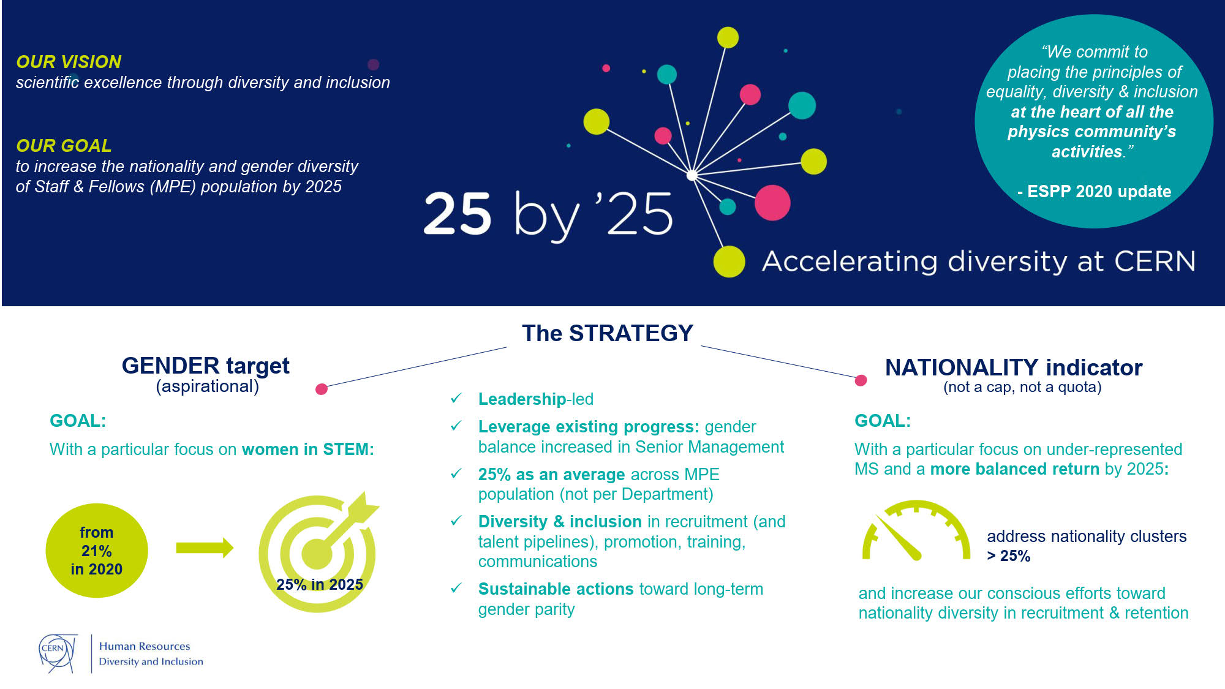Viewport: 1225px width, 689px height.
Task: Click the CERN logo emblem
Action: click(x=58, y=653)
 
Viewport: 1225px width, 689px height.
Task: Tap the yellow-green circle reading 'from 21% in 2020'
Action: click(x=97, y=550)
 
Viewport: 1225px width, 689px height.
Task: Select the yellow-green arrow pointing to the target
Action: click(x=205, y=548)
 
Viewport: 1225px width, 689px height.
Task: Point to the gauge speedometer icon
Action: click(x=916, y=530)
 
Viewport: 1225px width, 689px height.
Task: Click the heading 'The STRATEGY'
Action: click(x=608, y=333)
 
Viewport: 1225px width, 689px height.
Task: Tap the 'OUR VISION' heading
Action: click(x=69, y=62)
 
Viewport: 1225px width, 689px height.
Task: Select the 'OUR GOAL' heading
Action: click(x=64, y=146)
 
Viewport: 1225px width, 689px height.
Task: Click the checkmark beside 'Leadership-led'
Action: click(x=456, y=398)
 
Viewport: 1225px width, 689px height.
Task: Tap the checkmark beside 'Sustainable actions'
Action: click(x=456, y=588)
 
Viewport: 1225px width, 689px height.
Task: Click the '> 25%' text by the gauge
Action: click(x=1009, y=556)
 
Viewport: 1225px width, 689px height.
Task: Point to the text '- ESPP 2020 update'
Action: click(x=1094, y=192)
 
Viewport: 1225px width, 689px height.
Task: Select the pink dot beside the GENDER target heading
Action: click(x=322, y=389)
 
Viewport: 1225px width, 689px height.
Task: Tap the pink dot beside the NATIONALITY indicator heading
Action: click(x=861, y=380)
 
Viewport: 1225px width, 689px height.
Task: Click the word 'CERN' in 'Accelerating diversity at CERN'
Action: click(x=1155, y=262)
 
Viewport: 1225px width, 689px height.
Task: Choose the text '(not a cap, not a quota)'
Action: click(x=1022, y=387)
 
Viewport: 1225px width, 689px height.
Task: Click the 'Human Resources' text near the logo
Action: click(x=145, y=646)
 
